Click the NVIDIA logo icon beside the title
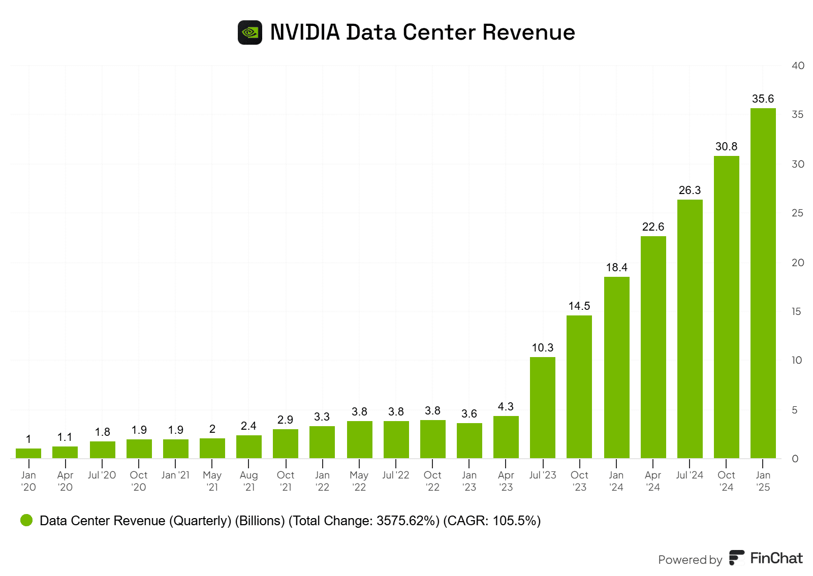point(250,33)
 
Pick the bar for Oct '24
point(726,307)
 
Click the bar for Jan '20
point(28,453)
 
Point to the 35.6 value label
point(763,99)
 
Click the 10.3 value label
point(543,348)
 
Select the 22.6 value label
point(653,227)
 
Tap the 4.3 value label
point(506,407)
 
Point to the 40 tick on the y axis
point(798,66)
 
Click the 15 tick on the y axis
point(796,311)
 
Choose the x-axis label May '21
point(212,481)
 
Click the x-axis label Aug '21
point(249,481)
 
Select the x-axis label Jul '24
point(690,475)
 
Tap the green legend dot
point(26,520)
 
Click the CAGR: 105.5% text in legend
point(492,521)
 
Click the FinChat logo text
point(776,558)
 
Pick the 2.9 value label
point(285,420)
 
